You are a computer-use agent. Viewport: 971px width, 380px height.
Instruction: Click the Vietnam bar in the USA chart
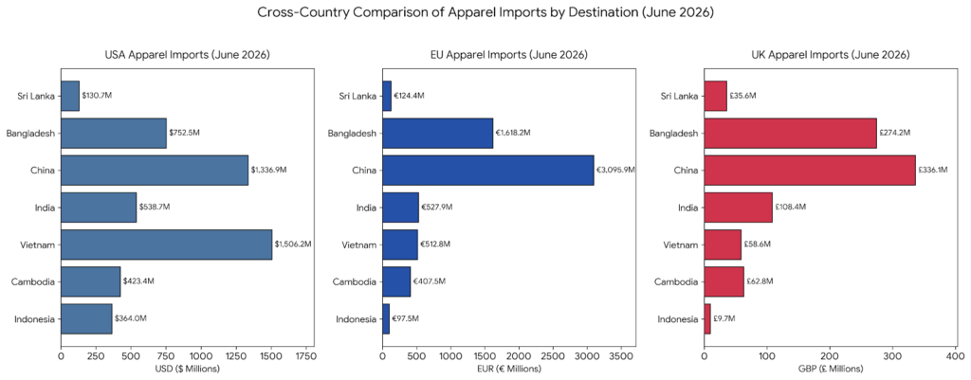coord(166,244)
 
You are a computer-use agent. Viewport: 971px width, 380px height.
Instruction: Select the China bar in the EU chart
coord(488,170)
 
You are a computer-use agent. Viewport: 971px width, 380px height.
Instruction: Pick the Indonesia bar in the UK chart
coord(707,319)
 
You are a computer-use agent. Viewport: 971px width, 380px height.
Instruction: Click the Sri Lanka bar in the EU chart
coord(387,96)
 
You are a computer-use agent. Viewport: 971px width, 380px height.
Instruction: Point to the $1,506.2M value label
coord(293,244)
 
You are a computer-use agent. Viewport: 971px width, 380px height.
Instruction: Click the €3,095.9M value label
coord(614,170)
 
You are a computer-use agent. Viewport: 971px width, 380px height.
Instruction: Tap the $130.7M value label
coord(97,96)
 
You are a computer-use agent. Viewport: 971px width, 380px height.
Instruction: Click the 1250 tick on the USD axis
coord(236,356)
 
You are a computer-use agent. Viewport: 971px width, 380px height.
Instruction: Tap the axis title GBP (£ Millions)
coord(830,369)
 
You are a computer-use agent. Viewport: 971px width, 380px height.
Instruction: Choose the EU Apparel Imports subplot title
coord(508,55)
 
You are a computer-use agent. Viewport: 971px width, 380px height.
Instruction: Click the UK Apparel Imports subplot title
coord(831,55)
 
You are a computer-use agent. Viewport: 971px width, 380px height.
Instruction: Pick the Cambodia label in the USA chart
coord(33,282)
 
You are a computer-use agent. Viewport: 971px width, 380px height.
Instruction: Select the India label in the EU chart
coord(366,208)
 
